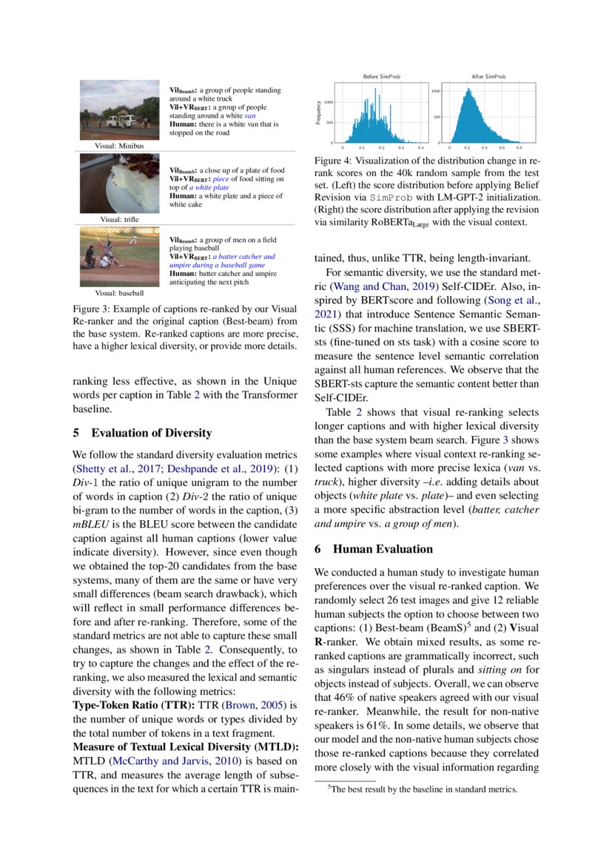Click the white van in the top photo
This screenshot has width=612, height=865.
(118, 120)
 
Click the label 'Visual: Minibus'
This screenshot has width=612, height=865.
(118, 146)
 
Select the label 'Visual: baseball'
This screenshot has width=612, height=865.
(119, 293)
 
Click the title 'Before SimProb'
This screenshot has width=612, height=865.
(381, 76)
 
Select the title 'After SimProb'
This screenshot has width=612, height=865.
(488, 76)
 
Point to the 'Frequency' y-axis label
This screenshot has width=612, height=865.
(319, 112)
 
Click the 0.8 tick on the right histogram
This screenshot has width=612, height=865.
(518, 148)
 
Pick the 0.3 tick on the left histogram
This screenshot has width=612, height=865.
(400, 148)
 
